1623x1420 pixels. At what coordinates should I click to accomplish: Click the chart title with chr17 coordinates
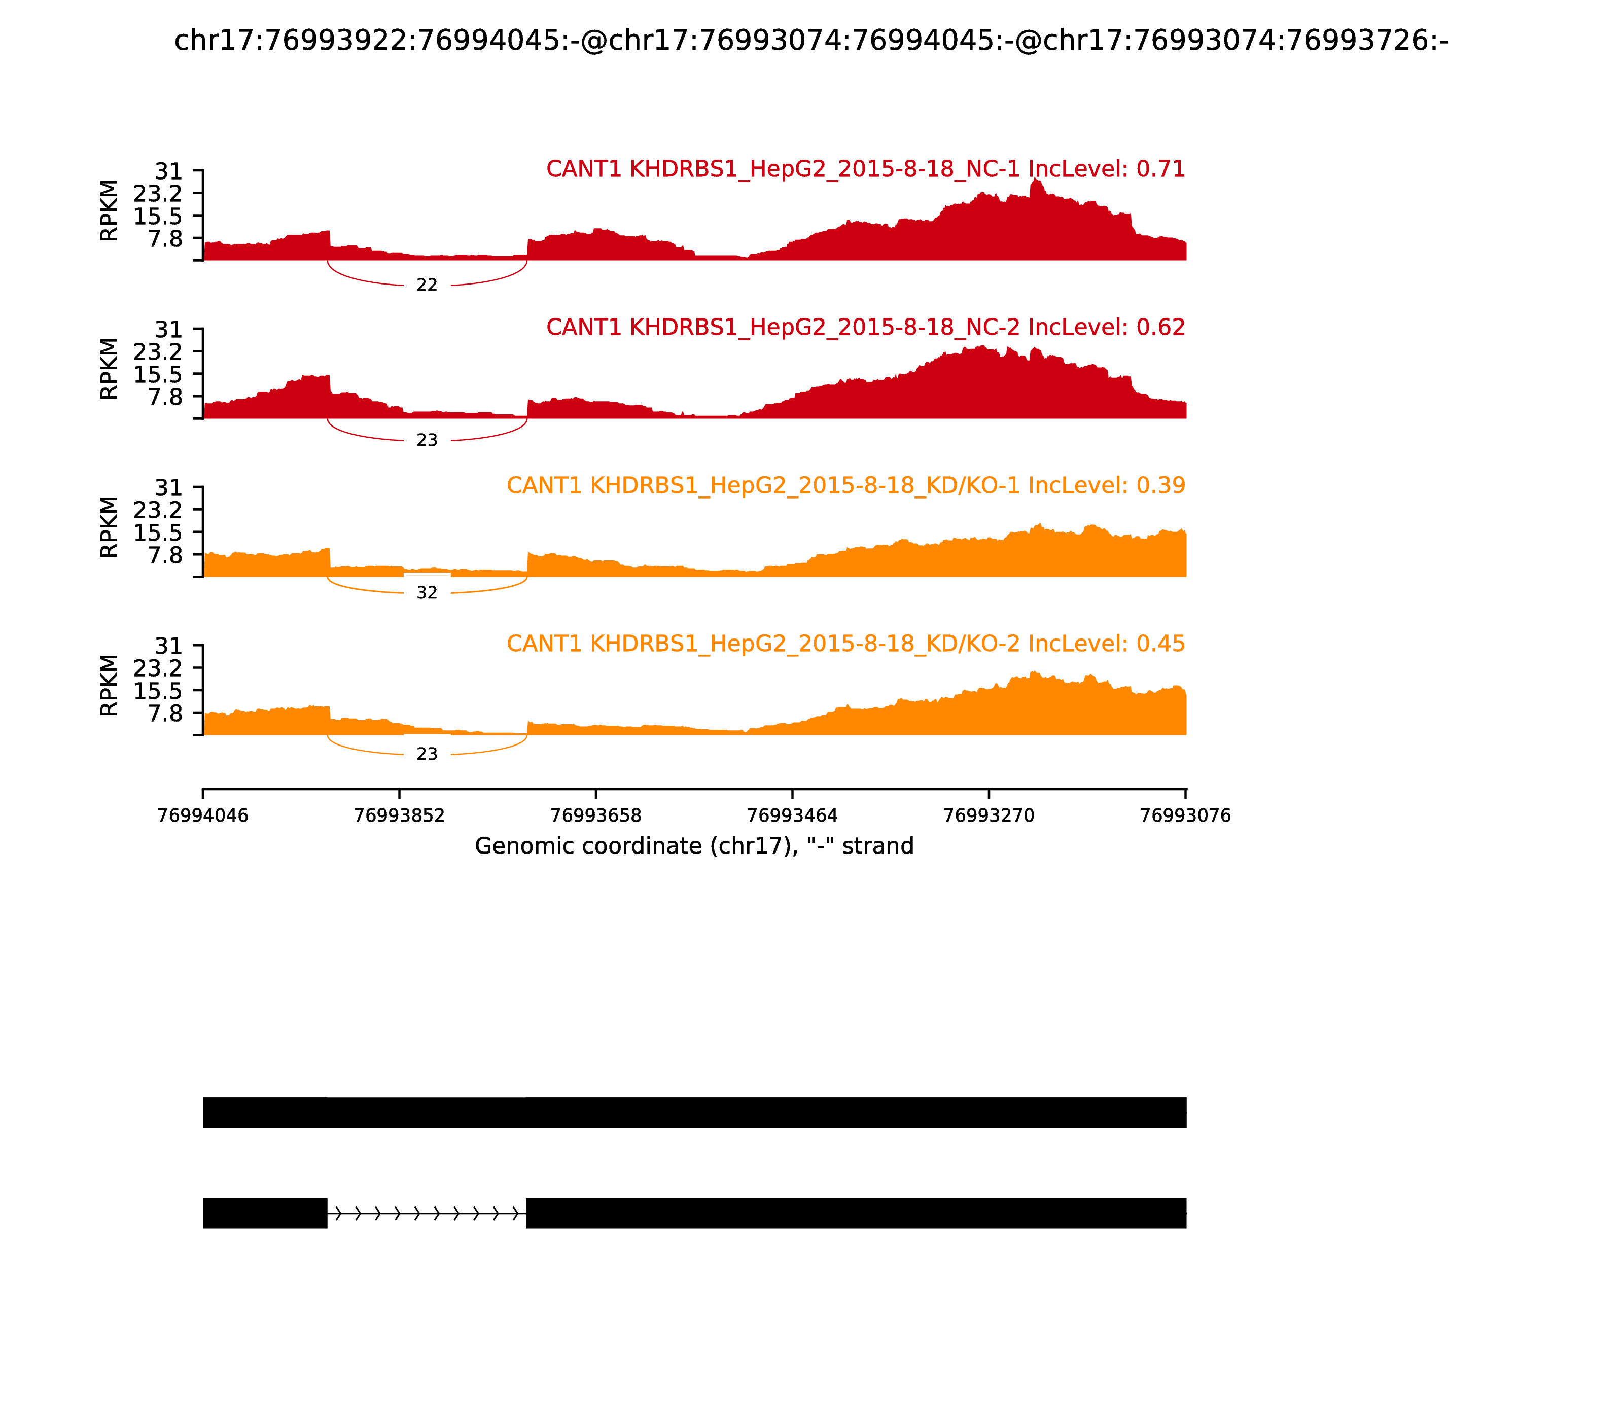click(x=810, y=41)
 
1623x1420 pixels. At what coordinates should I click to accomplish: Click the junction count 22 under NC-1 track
click(x=427, y=285)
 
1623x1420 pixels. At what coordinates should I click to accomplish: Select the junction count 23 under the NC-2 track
click(x=427, y=441)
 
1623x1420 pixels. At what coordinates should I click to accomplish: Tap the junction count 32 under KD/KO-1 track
click(x=427, y=593)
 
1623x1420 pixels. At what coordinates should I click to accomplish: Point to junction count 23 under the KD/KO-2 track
click(x=427, y=755)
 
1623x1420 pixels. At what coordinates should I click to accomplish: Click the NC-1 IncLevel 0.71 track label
click(x=865, y=169)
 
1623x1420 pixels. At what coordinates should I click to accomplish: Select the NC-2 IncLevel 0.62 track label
click(x=865, y=327)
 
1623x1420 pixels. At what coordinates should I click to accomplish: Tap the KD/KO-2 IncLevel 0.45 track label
click(x=845, y=644)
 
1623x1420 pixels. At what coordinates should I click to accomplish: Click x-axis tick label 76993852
click(x=400, y=816)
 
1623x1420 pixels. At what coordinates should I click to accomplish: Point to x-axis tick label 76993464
click(x=792, y=816)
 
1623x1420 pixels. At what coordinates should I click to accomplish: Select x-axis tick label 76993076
click(x=1185, y=816)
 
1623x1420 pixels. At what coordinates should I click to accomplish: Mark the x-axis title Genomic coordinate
click(x=694, y=846)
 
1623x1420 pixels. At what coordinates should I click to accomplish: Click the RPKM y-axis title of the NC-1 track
click(x=110, y=211)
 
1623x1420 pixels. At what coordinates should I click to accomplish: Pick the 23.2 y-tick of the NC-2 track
click(x=158, y=351)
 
